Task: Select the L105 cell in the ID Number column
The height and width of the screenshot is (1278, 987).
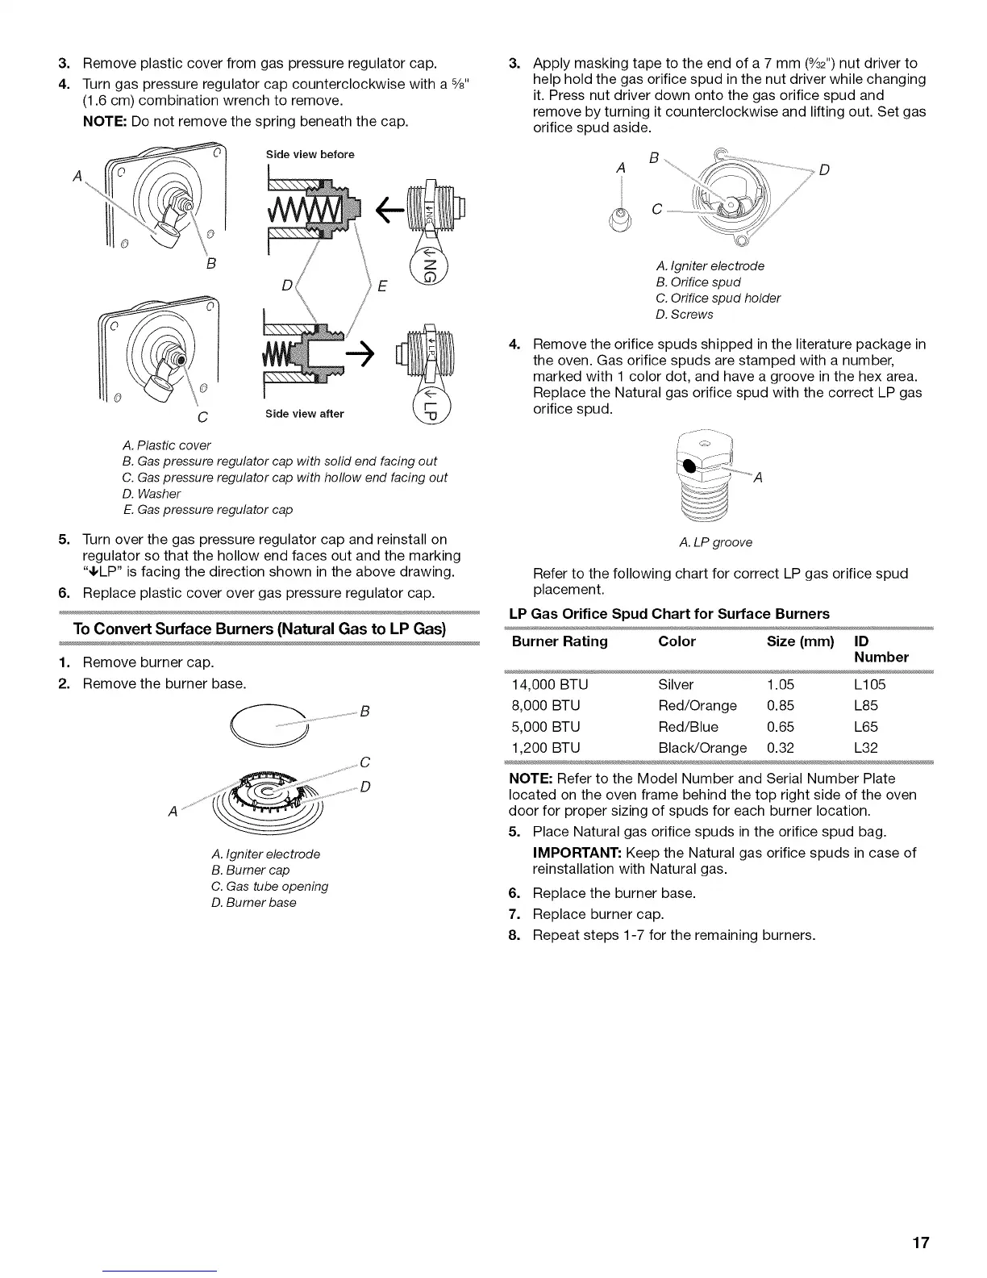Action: (x=869, y=685)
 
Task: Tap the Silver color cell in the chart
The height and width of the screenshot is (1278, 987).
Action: (x=676, y=685)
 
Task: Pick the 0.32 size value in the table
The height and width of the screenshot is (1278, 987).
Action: (x=780, y=748)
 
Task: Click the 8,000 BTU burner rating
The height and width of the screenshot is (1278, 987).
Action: (x=546, y=706)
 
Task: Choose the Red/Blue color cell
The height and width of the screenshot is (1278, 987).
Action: (x=688, y=727)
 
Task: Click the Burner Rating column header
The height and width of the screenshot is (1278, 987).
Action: (x=560, y=641)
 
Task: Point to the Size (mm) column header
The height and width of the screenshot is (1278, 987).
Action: (x=800, y=641)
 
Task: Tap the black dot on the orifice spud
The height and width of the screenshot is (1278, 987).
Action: (x=690, y=467)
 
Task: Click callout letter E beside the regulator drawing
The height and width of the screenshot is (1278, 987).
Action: (x=382, y=287)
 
